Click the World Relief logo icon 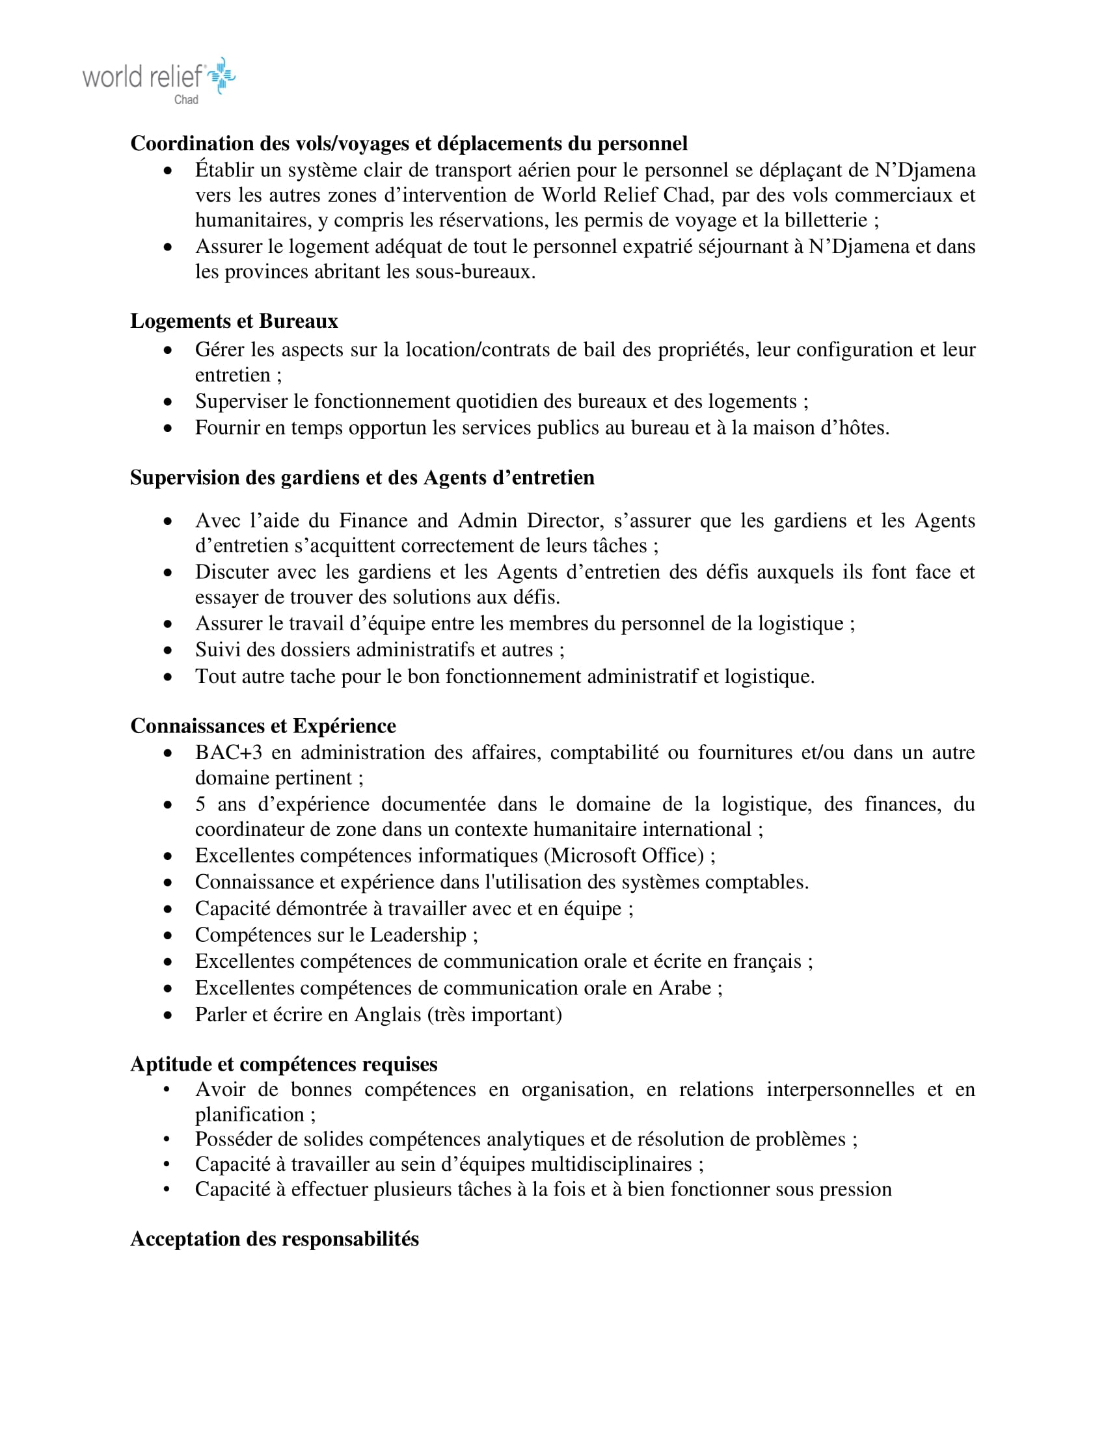(x=221, y=76)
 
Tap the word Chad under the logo (x=186, y=100)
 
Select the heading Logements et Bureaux (x=234, y=321)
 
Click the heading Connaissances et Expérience (x=263, y=726)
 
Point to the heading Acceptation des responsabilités (x=275, y=1239)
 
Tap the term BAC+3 (x=228, y=752)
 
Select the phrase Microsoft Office (x=628, y=856)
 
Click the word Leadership (x=418, y=935)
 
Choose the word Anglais (x=387, y=1015)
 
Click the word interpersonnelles (x=840, y=1090)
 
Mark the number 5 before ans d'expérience (x=200, y=805)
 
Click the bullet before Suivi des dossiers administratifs (x=169, y=650)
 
